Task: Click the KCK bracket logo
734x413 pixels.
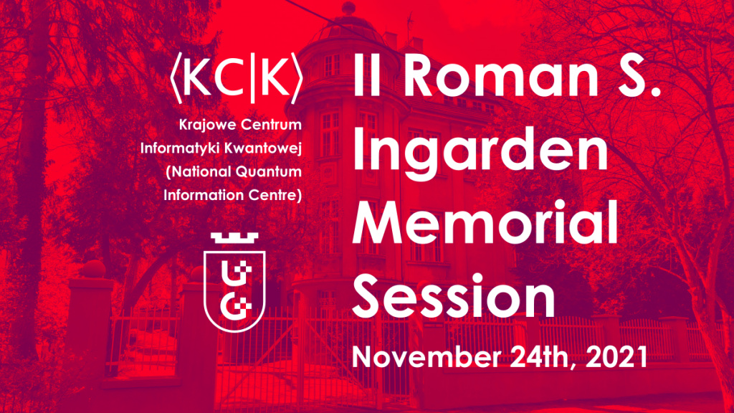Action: pyautogui.click(x=237, y=77)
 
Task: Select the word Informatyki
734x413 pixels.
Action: pyautogui.click(x=179, y=148)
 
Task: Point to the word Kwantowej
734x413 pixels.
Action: pyautogui.click(x=262, y=148)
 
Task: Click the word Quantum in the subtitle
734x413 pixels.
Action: pyautogui.click(x=268, y=172)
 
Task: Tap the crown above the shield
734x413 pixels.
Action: pyautogui.click(x=234, y=238)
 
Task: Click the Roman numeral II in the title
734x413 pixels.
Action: pyautogui.click(x=366, y=75)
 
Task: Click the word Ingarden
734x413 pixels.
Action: pyautogui.click(x=480, y=153)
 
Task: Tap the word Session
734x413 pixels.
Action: pyautogui.click(x=454, y=296)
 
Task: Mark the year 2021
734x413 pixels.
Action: pyautogui.click(x=617, y=357)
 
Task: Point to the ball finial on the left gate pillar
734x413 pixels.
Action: pyautogui.click(x=92, y=270)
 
